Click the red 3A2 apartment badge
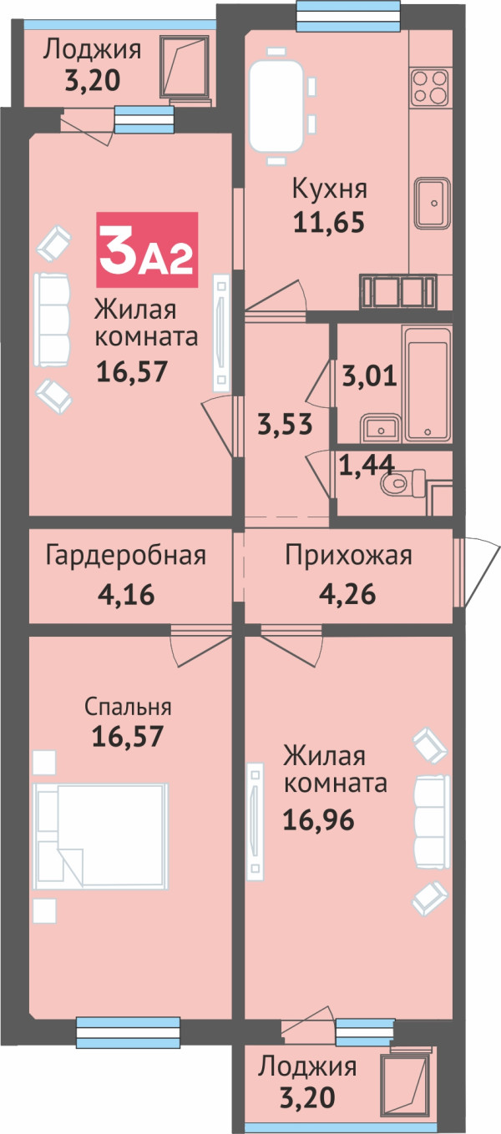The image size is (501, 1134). [147, 249]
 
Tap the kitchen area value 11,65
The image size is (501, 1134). [329, 222]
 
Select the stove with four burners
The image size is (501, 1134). [430, 88]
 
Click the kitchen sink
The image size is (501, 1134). [432, 203]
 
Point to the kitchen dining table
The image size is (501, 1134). [276, 106]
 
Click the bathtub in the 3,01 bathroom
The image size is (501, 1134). [427, 384]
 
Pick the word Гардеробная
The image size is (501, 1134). [125, 556]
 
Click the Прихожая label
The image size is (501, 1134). [348, 556]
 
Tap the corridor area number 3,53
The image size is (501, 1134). [285, 424]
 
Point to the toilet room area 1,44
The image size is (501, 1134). [367, 466]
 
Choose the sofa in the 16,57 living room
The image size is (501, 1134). [52, 320]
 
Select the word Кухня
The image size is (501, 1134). [330, 189]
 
